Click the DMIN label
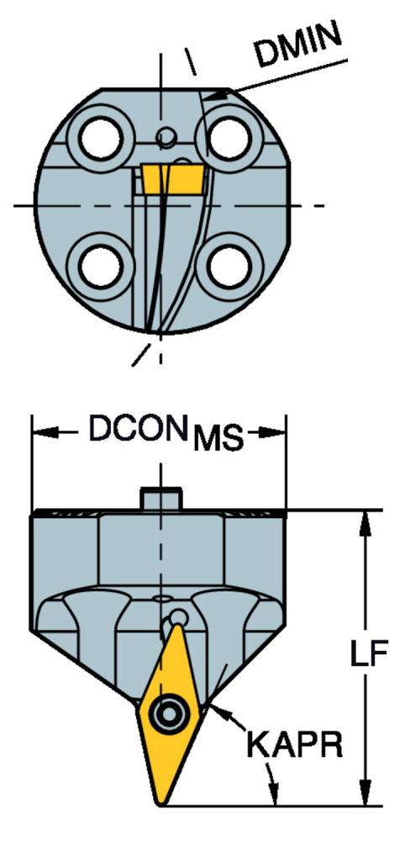click(298, 45)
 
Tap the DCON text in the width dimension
click(134, 429)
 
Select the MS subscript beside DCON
click(218, 439)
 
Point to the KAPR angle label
click(294, 744)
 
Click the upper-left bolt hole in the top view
click(100, 139)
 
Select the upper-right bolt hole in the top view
click(229, 139)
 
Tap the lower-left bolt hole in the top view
click(100, 266)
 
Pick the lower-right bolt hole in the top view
click(229, 266)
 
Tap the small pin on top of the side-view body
click(161, 498)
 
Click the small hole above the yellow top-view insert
click(166, 136)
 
